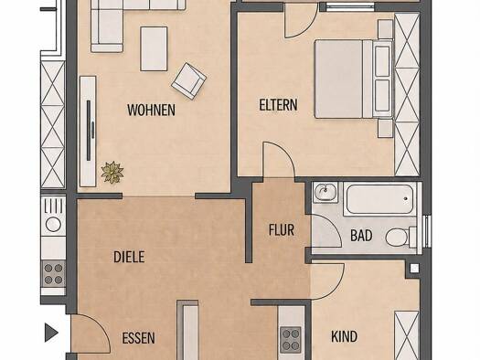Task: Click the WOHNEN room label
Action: pyautogui.click(x=151, y=111)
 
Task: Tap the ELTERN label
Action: pyautogui.click(x=278, y=105)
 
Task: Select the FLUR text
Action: pyautogui.click(x=282, y=230)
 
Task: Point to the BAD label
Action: pyautogui.click(x=361, y=236)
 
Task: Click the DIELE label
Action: pyautogui.click(x=129, y=257)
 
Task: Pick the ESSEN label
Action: pyautogui.click(x=138, y=338)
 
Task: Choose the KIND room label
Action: pyautogui.click(x=344, y=337)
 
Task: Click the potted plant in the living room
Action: pyautogui.click(x=112, y=173)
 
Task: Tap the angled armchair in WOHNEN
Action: pyautogui.click(x=188, y=81)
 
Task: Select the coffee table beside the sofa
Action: pyautogui.click(x=154, y=49)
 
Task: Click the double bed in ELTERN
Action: pyautogui.click(x=353, y=79)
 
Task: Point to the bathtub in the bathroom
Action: pyautogui.click(x=379, y=199)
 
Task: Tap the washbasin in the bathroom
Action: pyautogui.click(x=325, y=193)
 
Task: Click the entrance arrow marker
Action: pyautogui.click(x=51, y=333)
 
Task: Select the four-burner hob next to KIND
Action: pyautogui.click(x=291, y=340)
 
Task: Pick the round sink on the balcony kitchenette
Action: pyautogui.click(x=53, y=224)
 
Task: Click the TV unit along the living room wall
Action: pyautogui.click(x=88, y=132)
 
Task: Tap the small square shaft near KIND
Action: pyautogui.click(x=414, y=269)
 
